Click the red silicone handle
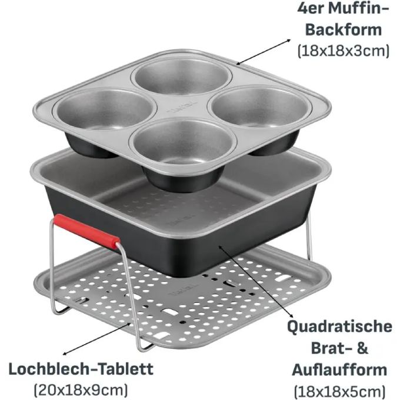[x=86, y=231]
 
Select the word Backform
[x=344, y=30]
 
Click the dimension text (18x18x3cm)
[x=344, y=51]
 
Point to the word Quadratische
[x=339, y=327]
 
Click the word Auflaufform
[x=339, y=369]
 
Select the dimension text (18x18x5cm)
[x=339, y=391]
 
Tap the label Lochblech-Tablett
[x=81, y=369]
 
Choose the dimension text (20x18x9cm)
[x=81, y=390]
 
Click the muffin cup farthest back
[x=181, y=76]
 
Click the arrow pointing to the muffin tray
[x=264, y=51]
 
